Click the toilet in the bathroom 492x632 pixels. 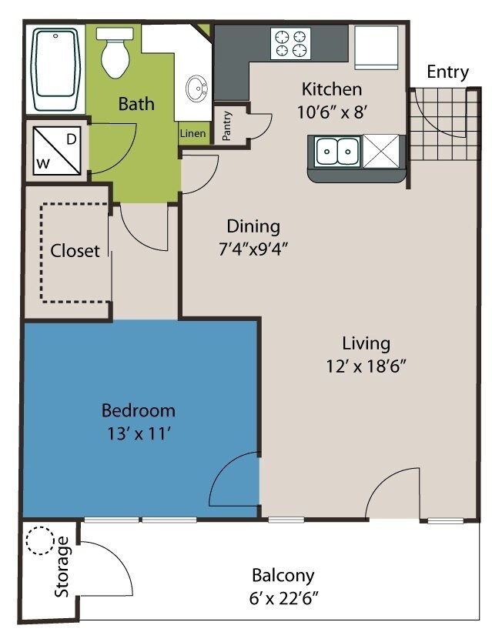pos(115,52)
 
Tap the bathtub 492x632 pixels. pos(55,69)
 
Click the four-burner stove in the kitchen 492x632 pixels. pos(290,44)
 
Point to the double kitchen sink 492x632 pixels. pos(338,152)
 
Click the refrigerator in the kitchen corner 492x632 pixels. pos(377,48)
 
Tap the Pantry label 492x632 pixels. pos(226,125)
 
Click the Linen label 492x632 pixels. pos(192,133)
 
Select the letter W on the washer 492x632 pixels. pos(44,164)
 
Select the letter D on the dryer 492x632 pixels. pos(72,139)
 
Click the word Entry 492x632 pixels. pos(447,72)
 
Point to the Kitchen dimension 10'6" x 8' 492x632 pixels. pos(332,112)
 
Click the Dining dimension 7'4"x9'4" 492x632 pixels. pos(253,249)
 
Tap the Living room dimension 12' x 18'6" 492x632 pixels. pos(366,366)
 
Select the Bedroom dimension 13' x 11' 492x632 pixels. pos(139,434)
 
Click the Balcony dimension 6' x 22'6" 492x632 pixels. pos(283,599)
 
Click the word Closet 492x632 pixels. pos(75,251)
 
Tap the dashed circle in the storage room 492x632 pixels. pos(40,541)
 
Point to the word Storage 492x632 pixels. pos(62,567)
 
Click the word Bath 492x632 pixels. pos(136,104)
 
